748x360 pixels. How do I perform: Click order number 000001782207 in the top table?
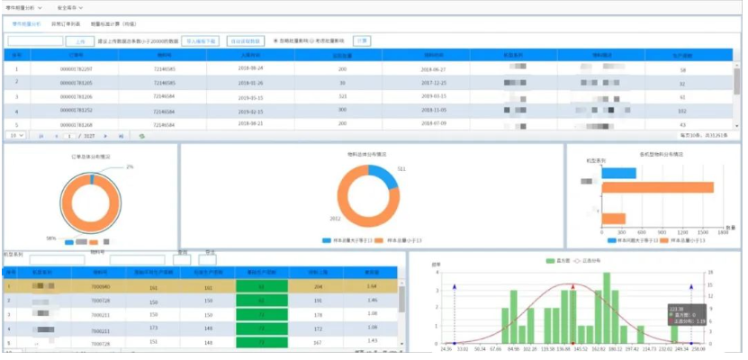75,68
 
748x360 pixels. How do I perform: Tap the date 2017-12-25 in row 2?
434,82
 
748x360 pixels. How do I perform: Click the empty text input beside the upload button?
34,41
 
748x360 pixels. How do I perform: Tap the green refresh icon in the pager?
141,136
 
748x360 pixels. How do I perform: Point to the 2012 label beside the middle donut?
335,219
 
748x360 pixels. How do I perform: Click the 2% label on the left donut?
130,166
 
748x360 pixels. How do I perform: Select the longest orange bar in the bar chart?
657,187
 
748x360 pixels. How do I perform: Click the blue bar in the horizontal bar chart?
619,173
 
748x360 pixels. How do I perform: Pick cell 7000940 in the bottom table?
100,286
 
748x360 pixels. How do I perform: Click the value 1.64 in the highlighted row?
370,286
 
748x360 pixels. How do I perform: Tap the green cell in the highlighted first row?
262,286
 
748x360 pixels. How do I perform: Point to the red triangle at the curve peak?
572,286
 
